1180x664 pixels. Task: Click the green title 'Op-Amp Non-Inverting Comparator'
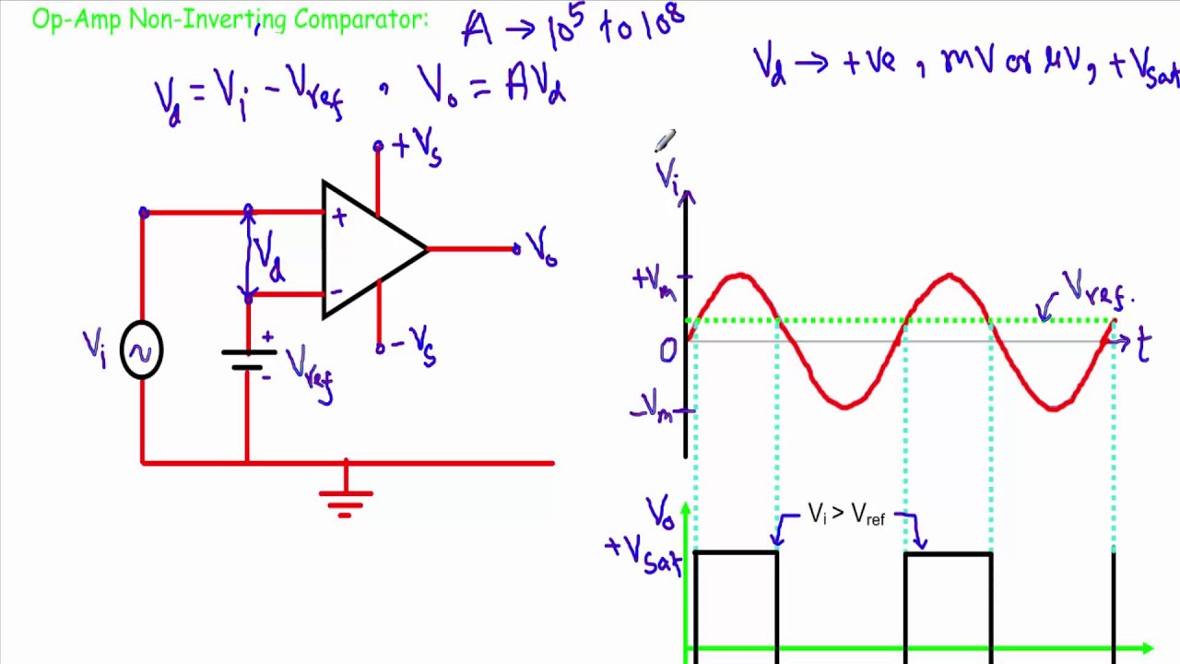click(230, 20)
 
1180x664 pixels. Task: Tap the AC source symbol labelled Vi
click(141, 350)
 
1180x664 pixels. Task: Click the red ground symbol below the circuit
click(346, 498)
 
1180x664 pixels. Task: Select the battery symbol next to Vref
click(248, 359)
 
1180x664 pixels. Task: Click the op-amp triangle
click(369, 249)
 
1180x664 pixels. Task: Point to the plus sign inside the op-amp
click(339, 219)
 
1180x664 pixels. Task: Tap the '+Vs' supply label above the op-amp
click(417, 148)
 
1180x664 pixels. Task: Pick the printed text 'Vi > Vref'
click(845, 515)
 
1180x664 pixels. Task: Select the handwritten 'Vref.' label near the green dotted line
click(1095, 292)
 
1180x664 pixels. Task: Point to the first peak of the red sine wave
click(739, 275)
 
